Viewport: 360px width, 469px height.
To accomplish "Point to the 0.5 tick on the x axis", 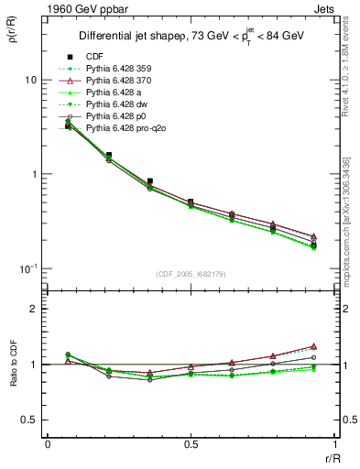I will [x=191, y=444].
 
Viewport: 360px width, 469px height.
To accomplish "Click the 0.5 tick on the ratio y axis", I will [x=29, y=420].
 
